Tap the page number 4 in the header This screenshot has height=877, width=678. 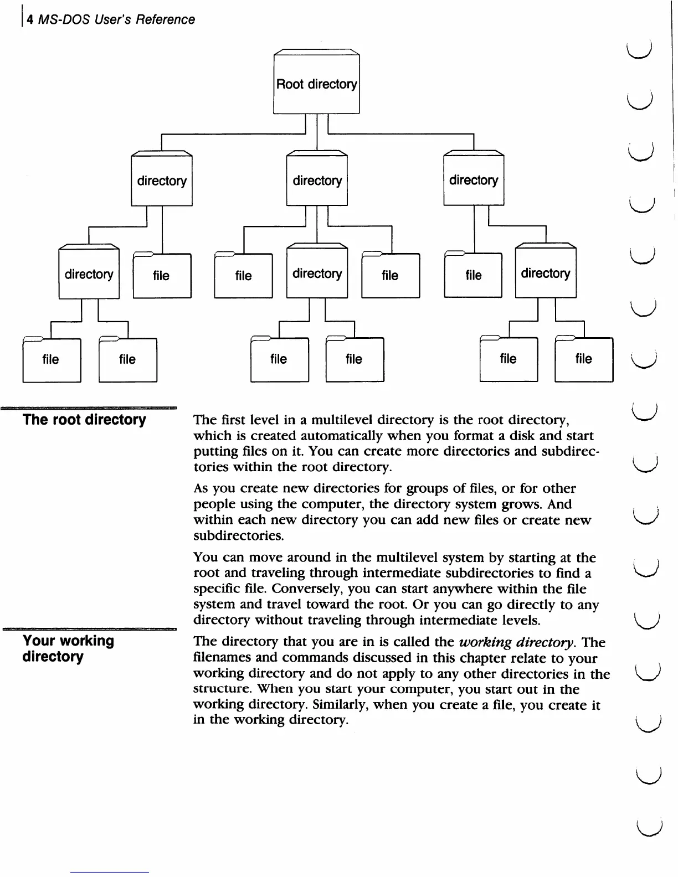point(30,19)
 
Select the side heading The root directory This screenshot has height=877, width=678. point(84,420)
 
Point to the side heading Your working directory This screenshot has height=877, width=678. point(68,648)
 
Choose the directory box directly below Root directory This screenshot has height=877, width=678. point(317,180)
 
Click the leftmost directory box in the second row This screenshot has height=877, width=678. point(162,180)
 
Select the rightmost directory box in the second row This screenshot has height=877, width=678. point(474,180)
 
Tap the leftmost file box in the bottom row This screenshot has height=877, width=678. point(51,360)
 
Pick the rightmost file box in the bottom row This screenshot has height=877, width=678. point(584,359)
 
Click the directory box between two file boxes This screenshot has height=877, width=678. point(317,274)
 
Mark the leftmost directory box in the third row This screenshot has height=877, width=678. point(89,274)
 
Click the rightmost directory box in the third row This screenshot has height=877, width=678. point(546,274)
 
